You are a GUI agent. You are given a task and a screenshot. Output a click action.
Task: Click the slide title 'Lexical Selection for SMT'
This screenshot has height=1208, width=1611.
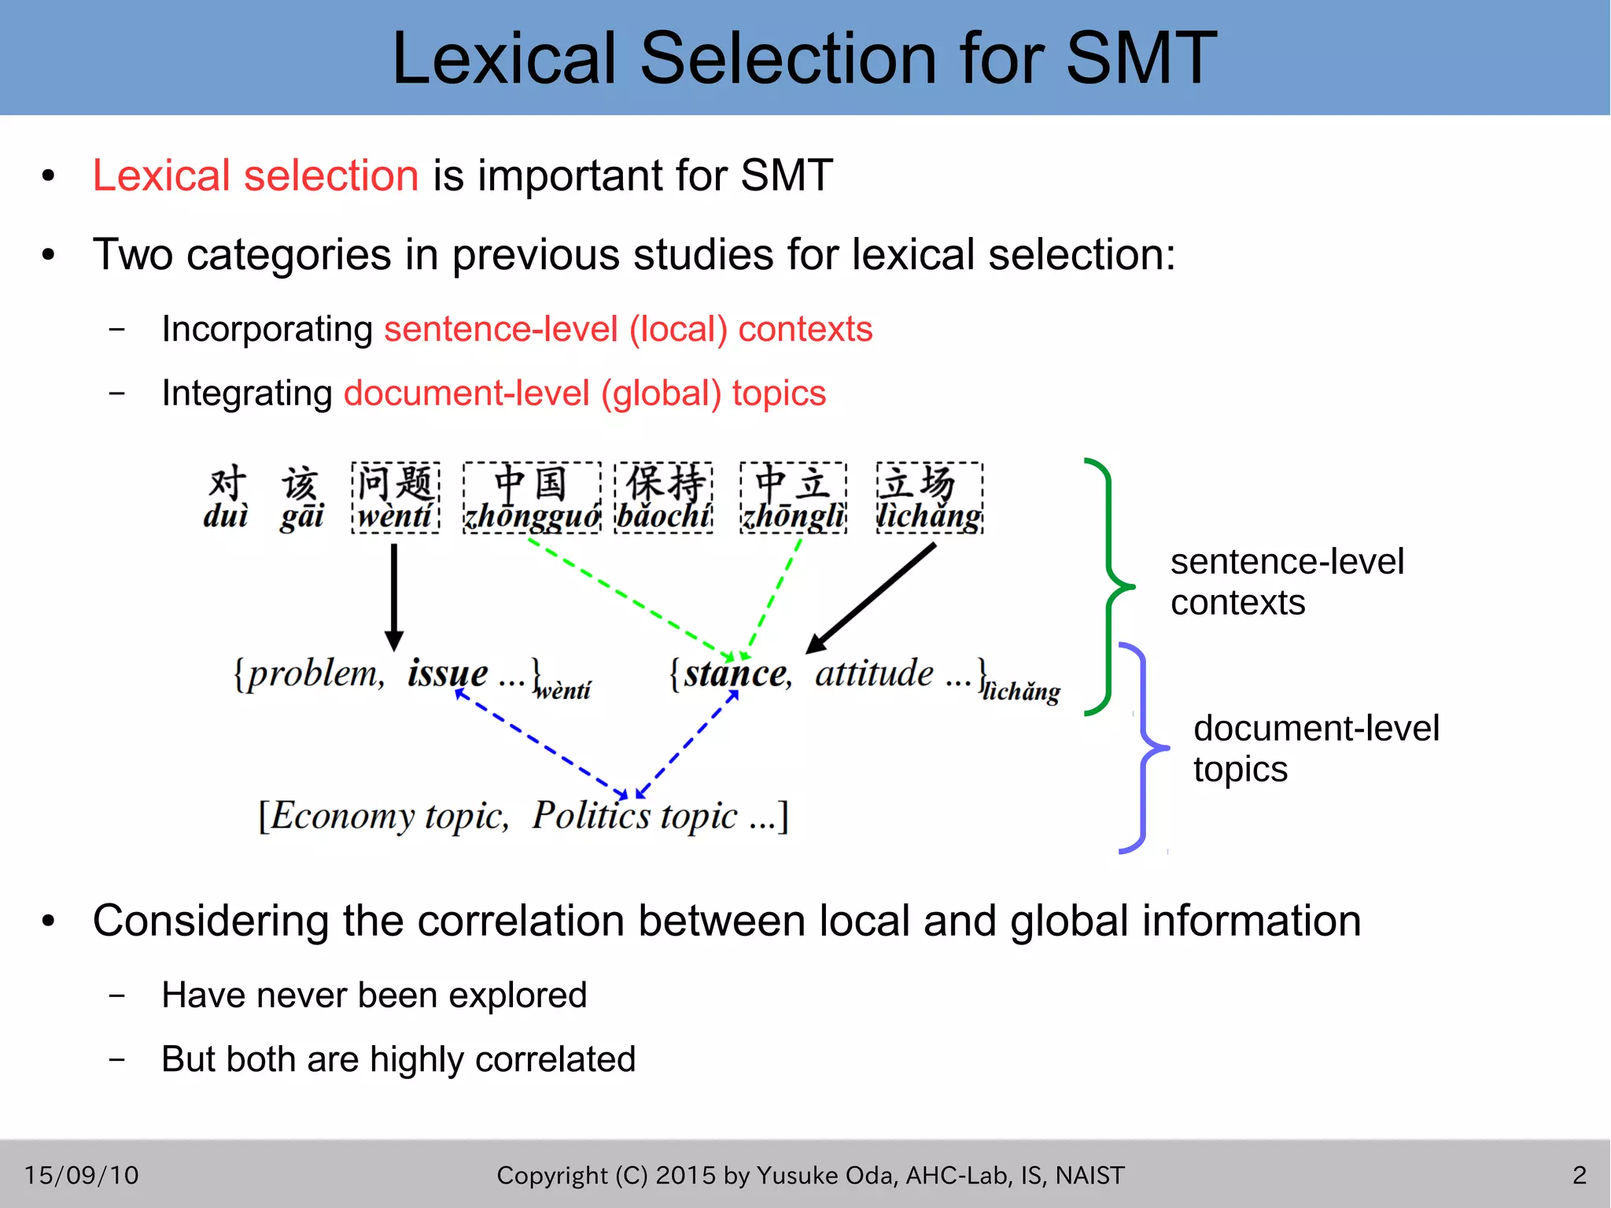[804, 58]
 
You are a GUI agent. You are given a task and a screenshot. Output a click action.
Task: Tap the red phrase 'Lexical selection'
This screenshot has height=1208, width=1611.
[256, 175]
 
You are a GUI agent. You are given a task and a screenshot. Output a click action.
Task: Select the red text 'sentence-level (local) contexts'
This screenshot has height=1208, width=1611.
[628, 329]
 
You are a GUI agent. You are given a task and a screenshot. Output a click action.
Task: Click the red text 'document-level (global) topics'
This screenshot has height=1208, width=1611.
[584, 393]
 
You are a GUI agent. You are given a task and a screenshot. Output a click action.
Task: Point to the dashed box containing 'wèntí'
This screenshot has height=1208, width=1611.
[395, 498]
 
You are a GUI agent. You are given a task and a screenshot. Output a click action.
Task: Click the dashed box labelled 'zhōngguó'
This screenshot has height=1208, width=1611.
[532, 498]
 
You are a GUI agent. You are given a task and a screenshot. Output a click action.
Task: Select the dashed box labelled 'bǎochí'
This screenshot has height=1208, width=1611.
[664, 498]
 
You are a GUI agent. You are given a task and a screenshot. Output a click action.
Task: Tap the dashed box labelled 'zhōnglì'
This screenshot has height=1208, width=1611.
[793, 498]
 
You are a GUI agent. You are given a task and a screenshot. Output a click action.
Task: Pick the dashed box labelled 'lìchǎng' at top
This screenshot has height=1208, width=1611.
[930, 498]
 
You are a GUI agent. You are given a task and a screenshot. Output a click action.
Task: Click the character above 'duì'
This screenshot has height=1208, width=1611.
[227, 482]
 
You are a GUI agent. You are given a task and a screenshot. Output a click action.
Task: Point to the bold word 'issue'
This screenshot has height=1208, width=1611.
[447, 674]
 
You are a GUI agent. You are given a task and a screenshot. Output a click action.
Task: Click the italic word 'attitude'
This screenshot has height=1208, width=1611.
[874, 674]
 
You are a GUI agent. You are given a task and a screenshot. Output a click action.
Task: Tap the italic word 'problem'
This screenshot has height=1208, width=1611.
[313, 674]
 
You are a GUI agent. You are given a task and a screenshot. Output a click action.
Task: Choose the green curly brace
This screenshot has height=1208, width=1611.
[1109, 586]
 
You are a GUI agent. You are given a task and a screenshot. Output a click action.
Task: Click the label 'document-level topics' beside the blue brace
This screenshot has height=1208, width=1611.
[1315, 748]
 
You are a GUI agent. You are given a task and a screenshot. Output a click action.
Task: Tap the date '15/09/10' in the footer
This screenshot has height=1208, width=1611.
[82, 1175]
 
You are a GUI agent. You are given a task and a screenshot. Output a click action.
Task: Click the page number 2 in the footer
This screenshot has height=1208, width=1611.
[1579, 1175]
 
